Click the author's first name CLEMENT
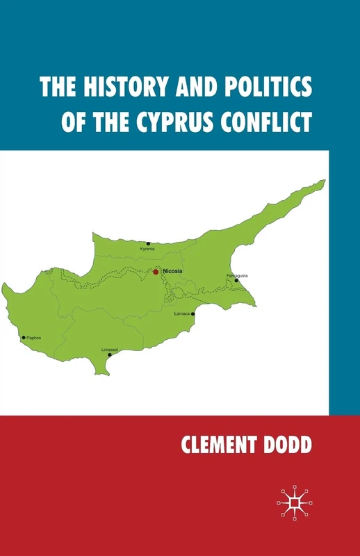tap(223, 446)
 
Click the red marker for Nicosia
tap(156, 272)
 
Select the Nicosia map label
tap(172, 271)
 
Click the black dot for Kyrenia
tap(147, 243)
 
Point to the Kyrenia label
tap(147, 249)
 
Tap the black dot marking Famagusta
tap(236, 280)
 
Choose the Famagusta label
tap(237, 275)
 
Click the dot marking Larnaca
tap(193, 313)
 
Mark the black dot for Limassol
tap(109, 354)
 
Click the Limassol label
tap(109, 349)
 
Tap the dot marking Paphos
tap(24, 338)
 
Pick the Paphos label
tap(34, 338)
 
